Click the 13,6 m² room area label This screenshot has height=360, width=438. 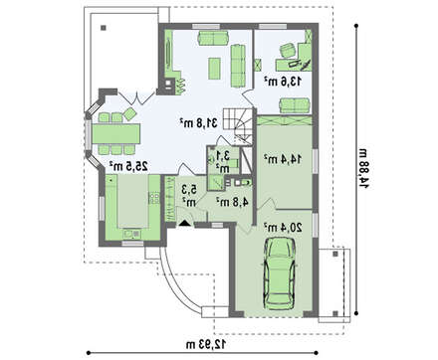283,82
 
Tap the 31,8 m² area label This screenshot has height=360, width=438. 198,123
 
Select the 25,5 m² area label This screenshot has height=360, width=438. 128,166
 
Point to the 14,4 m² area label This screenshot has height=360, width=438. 283,159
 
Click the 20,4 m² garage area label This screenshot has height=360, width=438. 283,228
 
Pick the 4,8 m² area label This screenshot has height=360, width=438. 232,202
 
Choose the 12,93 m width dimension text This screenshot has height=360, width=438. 206,344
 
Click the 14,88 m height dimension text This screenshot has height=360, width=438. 364,169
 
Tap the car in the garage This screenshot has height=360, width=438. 280,273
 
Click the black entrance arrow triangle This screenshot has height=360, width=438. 184,223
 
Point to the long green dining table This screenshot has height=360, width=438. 116,133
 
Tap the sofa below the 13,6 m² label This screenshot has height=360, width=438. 295,105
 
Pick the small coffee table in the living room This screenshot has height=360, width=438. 214,69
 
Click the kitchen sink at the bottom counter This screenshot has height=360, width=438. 131,235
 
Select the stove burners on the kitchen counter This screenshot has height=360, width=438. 154,198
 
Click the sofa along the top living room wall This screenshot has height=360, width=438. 213,38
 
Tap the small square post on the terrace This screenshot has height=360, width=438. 104,28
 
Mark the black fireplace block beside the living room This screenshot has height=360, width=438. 169,84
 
